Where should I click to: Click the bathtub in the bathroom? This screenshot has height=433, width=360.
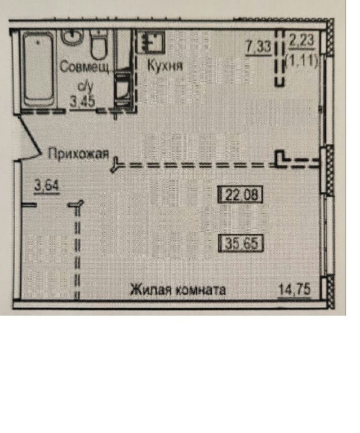(39, 69)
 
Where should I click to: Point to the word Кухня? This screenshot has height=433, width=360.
(165, 66)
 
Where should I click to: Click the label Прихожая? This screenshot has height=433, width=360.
(78, 153)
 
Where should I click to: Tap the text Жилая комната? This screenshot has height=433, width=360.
(178, 290)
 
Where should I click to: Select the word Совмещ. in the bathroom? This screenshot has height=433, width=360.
(85, 68)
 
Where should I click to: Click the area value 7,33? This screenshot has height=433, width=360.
(258, 47)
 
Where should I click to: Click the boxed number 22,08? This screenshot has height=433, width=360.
(240, 195)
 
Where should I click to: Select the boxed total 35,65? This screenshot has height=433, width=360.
(241, 244)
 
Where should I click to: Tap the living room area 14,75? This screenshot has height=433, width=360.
(295, 290)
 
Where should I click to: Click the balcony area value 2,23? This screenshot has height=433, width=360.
(301, 41)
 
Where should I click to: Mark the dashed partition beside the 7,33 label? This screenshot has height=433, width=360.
(279, 58)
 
